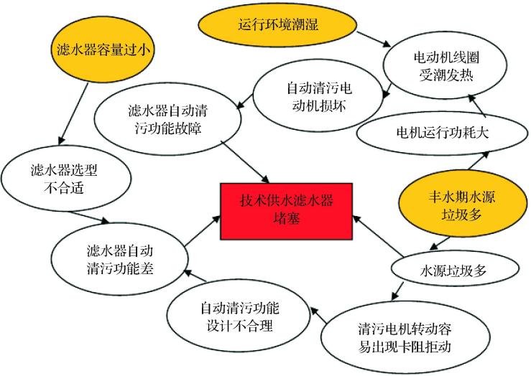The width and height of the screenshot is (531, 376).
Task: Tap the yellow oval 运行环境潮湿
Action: [277, 25]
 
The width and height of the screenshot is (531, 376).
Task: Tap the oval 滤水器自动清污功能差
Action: [116, 259]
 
